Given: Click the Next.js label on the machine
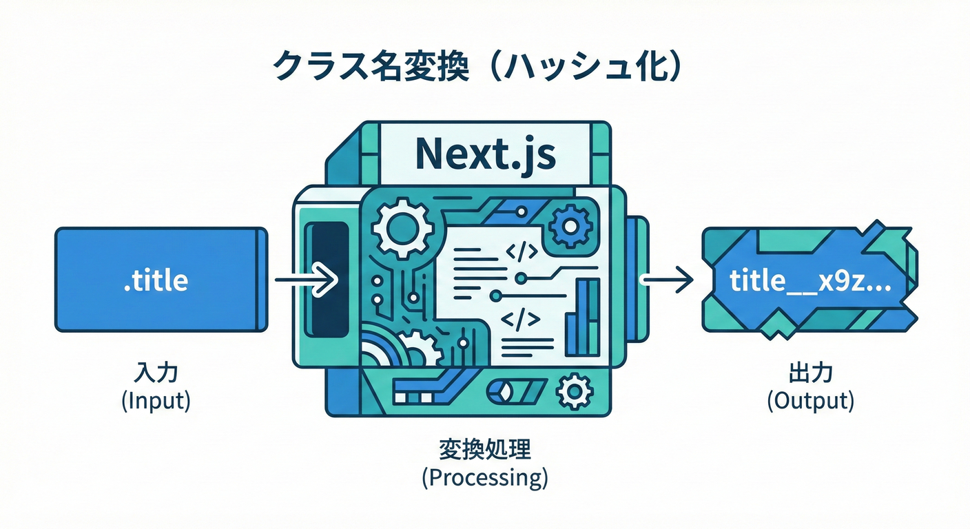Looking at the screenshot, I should coord(486,155).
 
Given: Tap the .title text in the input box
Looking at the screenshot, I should coord(156,281).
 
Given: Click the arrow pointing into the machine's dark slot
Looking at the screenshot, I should coord(306,280).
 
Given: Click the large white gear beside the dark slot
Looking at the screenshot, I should coord(400,225).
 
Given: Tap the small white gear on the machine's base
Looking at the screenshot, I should coord(574,391).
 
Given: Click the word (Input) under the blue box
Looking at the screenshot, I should coord(156,402).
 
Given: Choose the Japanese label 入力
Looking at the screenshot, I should coord(156,375).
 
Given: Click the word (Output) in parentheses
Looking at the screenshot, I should coord(811,401).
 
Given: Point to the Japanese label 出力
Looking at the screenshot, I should coord(810,375).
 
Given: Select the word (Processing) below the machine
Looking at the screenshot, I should coord(485,479).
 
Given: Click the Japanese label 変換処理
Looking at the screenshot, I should coord(485,451).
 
